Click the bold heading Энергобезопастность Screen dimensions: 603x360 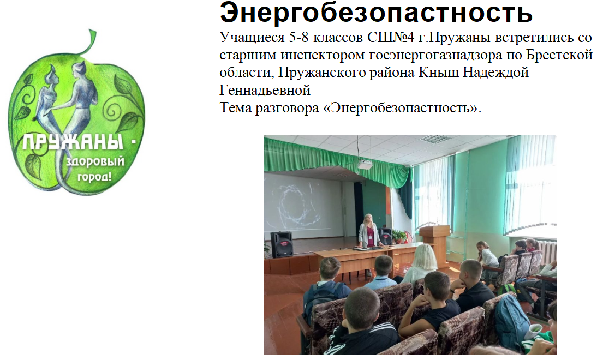(x=376, y=13)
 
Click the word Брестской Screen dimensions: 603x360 (x=559, y=55)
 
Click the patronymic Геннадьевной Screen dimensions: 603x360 (x=265, y=90)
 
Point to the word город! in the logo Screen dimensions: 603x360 (x=94, y=177)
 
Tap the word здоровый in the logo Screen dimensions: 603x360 (x=95, y=161)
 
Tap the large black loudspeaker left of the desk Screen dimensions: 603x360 (x=282, y=244)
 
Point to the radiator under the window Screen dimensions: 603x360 (x=546, y=251)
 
